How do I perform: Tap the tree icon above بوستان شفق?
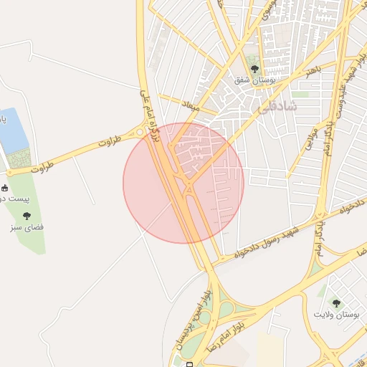pos(253,69)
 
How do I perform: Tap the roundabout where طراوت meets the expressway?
pos(140,133)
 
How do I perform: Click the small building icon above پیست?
pos(5,187)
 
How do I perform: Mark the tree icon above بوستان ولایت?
pos(336,303)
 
